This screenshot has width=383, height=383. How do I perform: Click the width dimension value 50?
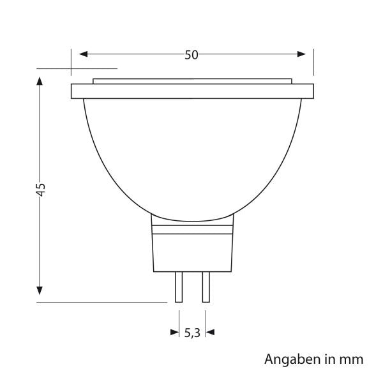pyautogui.click(x=191, y=55)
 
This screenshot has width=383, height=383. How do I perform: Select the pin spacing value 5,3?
pyautogui.click(x=192, y=332)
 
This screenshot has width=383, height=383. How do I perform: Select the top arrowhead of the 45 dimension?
pyautogui.click(x=40, y=82)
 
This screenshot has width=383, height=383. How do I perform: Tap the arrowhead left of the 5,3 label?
pyautogui.click(x=174, y=332)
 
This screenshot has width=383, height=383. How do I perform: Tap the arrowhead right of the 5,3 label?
pyautogui.click(x=210, y=332)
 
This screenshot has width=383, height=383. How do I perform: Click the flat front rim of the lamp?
pyautogui.click(x=191, y=92)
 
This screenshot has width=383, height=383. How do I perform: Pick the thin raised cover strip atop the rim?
pyautogui.click(x=191, y=81)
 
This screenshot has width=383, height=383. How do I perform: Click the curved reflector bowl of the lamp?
pyautogui.click(x=191, y=153)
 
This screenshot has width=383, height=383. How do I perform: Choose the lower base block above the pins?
pyautogui.click(x=192, y=252)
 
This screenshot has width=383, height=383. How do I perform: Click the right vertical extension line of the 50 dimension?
pyautogui.click(x=313, y=61)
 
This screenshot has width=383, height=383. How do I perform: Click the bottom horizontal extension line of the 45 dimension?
pyautogui.click(x=102, y=302)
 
